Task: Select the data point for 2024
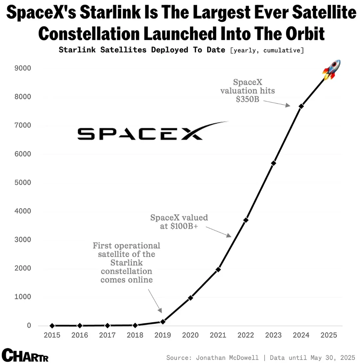(x=301, y=106)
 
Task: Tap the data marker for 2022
(x=246, y=220)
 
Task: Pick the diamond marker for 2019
(x=163, y=322)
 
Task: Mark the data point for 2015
(x=52, y=326)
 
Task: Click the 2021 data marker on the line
(x=218, y=269)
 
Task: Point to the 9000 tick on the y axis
(x=22, y=68)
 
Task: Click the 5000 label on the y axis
(x=22, y=183)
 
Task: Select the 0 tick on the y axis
(x=29, y=326)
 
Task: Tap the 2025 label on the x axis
(x=329, y=335)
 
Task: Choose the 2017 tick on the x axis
(x=107, y=335)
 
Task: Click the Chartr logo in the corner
(x=25, y=355)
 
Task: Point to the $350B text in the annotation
(x=247, y=99)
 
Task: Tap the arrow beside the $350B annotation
(x=276, y=103)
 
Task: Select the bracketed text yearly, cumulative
(x=267, y=50)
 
